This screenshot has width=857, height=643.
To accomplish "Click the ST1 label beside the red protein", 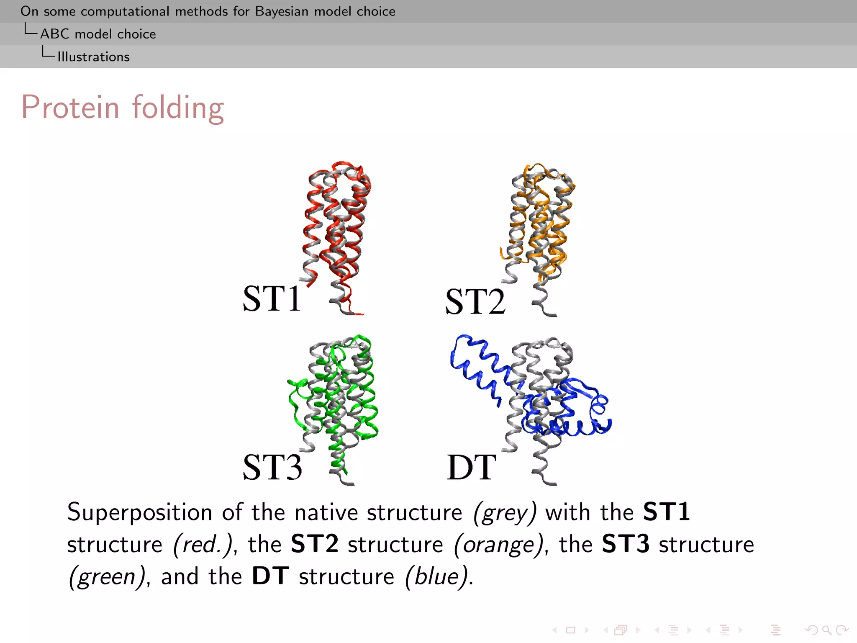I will [272, 298].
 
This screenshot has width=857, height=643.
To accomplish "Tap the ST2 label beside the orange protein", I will [475, 301].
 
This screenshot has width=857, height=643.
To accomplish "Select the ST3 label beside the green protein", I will [272, 467].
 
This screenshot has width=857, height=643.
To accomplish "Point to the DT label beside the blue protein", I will [472, 467].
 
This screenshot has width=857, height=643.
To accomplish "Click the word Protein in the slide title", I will [70, 107].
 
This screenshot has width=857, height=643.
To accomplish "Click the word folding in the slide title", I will [178, 108].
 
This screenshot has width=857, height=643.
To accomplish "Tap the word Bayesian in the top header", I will [282, 11].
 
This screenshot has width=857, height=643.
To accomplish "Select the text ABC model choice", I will [98, 34].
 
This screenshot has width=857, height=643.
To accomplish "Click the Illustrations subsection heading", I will [93, 57].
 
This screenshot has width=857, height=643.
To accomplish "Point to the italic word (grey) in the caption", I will [504, 512].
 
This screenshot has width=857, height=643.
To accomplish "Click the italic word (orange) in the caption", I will [499, 545].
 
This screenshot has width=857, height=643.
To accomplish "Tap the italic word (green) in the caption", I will [107, 577].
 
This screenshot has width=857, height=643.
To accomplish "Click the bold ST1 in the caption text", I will [666, 512].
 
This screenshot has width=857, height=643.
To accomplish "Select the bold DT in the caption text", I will [270, 576].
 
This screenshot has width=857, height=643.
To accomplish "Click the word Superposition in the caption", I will [140, 512].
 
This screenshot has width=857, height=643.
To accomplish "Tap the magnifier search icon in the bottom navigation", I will [826, 630].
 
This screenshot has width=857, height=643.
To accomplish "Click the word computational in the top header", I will [125, 11].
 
